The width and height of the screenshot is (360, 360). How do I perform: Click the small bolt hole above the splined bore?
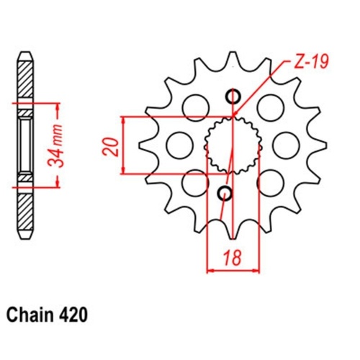click(x=233, y=96)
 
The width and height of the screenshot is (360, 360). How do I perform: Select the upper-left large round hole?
click(x=194, y=108)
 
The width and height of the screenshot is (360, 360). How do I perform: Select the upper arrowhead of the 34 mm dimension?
click(x=56, y=107)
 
